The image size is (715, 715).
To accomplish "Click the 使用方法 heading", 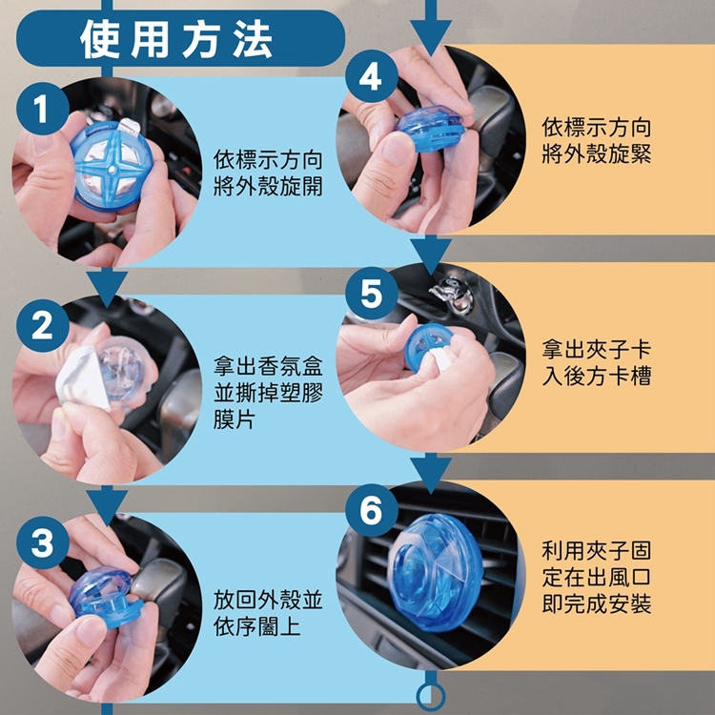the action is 176,40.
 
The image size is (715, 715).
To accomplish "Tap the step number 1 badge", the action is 42,109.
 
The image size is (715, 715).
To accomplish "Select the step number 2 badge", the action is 42,326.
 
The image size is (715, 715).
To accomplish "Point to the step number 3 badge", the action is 42,542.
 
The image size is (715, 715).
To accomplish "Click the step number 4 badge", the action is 372,76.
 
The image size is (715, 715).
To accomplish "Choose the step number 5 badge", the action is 372,294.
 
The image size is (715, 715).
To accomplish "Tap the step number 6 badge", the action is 372,510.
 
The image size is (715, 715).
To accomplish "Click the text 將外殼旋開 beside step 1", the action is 268,187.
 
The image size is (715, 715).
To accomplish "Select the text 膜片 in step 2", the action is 235,419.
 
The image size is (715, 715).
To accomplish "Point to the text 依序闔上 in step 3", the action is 257,626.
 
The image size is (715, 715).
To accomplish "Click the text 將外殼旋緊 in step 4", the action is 597,153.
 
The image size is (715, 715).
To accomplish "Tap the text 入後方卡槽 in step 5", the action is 597,377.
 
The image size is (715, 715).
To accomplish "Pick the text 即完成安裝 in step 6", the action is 597,603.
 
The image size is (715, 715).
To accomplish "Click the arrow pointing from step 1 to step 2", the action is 107,285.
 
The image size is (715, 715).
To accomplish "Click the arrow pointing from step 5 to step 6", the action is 431,473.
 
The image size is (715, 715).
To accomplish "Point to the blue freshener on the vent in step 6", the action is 435,572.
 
